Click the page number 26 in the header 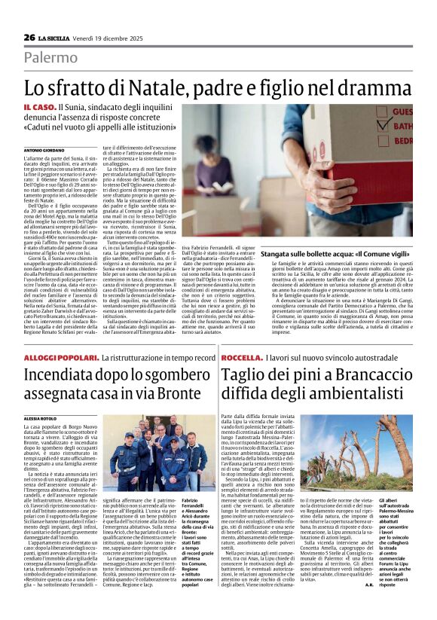29,37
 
